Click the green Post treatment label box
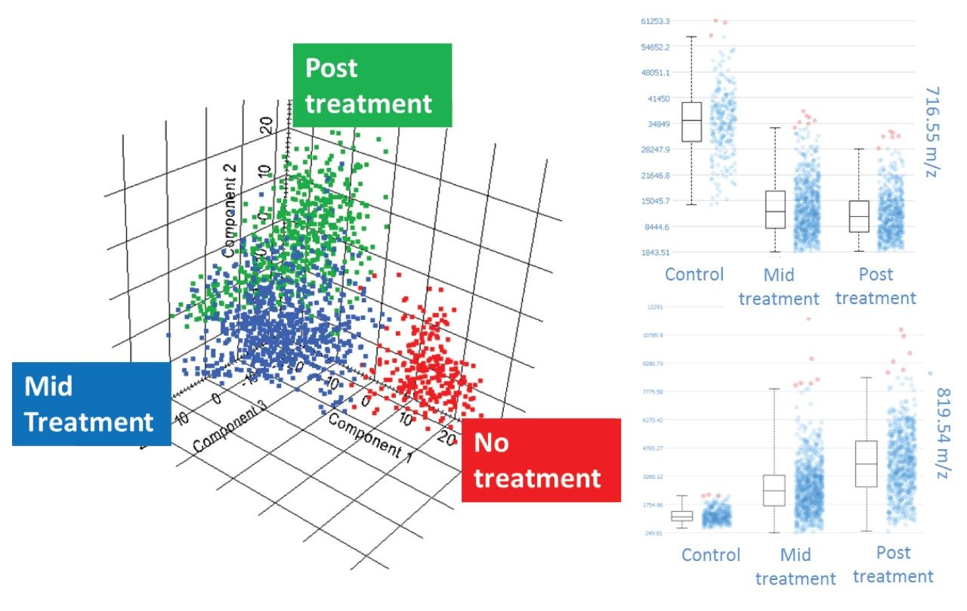(x=372, y=85)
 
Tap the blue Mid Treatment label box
(x=91, y=404)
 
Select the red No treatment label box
(x=541, y=460)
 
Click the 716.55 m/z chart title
(x=931, y=132)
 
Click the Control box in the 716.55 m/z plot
(x=691, y=121)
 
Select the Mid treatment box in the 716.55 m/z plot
(x=775, y=209)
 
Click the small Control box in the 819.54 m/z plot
(x=682, y=516)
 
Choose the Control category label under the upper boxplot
(x=694, y=274)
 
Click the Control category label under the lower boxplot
(x=711, y=555)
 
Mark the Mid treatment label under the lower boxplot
(x=796, y=566)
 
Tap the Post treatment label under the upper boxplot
(x=876, y=286)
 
